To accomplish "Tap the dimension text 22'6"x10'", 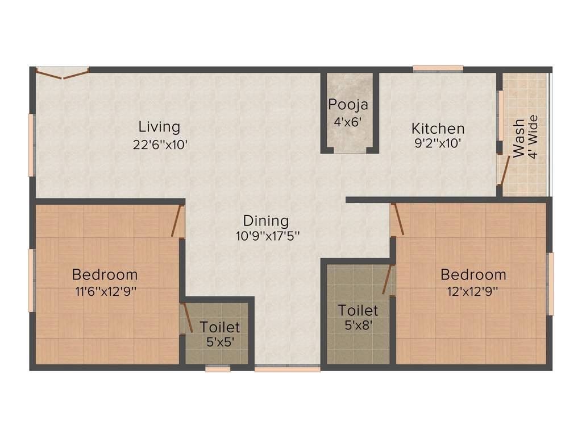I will click(x=160, y=145).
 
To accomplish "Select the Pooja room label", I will click(x=348, y=105).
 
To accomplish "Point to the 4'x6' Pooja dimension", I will click(x=348, y=121).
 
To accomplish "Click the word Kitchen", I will click(x=438, y=128).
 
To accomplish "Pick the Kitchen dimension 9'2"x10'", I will click(x=438, y=144).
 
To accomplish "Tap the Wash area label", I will click(x=519, y=138).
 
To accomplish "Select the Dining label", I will click(x=266, y=221).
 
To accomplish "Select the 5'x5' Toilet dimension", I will click(x=220, y=343).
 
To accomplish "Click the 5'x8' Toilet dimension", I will click(x=358, y=326).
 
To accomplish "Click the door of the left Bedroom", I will click(x=177, y=220).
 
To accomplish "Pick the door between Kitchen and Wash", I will click(x=501, y=170).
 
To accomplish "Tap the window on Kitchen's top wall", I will click(x=438, y=69).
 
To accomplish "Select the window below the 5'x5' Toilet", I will click(x=218, y=369).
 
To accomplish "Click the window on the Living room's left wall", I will click(x=32, y=145).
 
